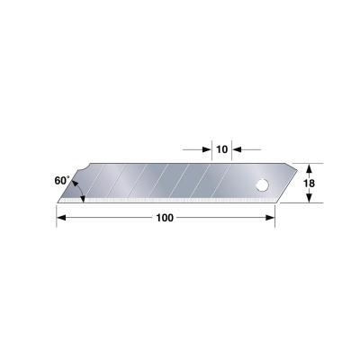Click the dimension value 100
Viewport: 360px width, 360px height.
[166, 217]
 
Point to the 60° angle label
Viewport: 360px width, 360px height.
[60, 181]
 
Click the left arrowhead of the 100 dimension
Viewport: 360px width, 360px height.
[61, 217]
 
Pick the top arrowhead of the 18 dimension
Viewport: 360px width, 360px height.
[309, 167]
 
